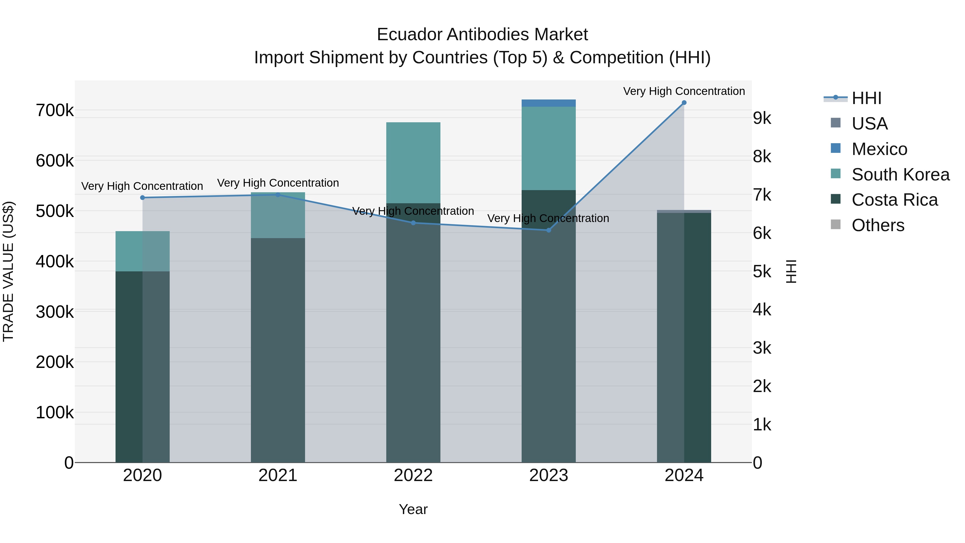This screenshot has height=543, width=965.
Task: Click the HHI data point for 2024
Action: click(x=684, y=103)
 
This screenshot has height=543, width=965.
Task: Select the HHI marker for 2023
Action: click(x=549, y=230)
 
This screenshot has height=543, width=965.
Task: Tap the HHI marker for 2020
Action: click(x=142, y=197)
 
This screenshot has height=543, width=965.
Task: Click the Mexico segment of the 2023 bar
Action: click(x=548, y=103)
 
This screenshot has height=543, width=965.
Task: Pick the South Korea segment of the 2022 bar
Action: click(x=413, y=163)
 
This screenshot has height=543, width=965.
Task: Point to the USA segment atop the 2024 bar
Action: click(x=684, y=211)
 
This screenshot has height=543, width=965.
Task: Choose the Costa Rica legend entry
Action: click(x=895, y=200)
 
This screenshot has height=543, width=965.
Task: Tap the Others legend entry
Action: click(x=878, y=226)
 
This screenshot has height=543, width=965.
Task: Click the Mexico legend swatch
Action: click(x=835, y=148)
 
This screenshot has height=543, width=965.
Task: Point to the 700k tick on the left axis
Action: click(x=55, y=111)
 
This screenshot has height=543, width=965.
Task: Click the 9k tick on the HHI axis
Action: click(x=762, y=119)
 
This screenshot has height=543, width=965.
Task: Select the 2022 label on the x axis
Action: click(x=413, y=475)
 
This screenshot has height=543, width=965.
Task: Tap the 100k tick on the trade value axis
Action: click(x=55, y=413)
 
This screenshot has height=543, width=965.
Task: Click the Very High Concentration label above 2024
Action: click(x=684, y=91)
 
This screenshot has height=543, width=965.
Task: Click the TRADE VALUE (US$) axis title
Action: click(x=8, y=271)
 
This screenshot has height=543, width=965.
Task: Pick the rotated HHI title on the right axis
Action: click(x=791, y=271)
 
